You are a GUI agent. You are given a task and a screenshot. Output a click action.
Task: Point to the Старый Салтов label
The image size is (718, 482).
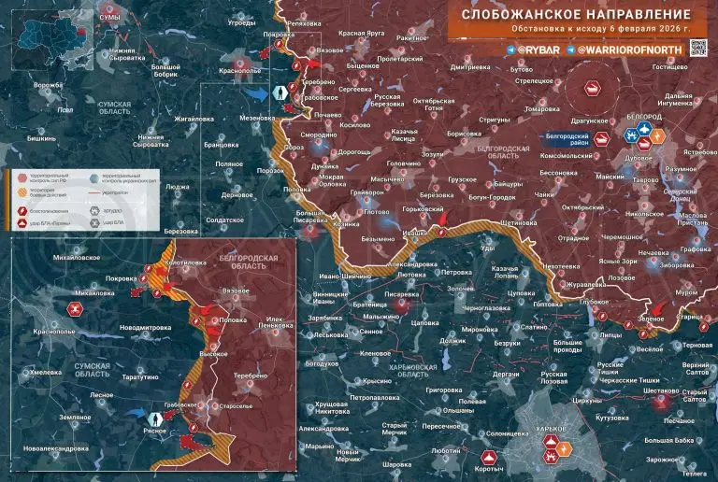(693, 396)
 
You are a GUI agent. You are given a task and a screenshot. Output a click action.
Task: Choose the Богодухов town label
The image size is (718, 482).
(321, 363)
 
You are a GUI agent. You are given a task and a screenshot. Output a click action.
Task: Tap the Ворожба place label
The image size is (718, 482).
(46, 85)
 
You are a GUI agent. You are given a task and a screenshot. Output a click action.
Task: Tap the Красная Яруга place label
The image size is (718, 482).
(362, 33)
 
